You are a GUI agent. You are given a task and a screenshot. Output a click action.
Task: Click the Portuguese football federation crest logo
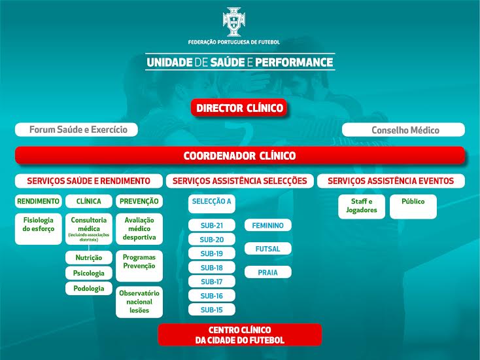pyautogui.click(x=234, y=22)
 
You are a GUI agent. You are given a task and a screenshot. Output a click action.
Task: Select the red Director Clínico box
pyautogui.click(x=239, y=108)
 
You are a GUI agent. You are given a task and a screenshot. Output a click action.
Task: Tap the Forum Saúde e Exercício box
pyautogui.click(x=77, y=130)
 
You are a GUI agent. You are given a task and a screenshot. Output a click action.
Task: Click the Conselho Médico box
pyautogui.click(x=403, y=130)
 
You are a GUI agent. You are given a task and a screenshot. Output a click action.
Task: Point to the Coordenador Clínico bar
pyautogui.click(x=240, y=155)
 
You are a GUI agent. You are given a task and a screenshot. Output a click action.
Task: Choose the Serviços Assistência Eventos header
pyautogui.click(x=391, y=181)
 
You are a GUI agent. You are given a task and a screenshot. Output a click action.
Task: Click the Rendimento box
pyautogui.click(x=39, y=202)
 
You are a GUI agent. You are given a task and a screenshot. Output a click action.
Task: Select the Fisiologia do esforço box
pyautogui.click(x=39, y=229)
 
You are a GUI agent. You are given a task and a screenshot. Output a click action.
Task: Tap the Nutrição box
pyautogui.click(x=89, y=257)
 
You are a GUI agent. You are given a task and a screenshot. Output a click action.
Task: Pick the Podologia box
pyautogui.click(x=89, y=288)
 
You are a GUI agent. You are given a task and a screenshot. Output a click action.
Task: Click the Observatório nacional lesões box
pyautogui.click(x=139, y=302)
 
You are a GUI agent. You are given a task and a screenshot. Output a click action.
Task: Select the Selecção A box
pyautogui.click(x=212, y=204)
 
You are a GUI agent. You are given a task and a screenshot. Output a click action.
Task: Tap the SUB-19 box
pyautogui.click(x=212, y=253)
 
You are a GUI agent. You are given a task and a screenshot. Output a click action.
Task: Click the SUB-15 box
pyautogui.click(x=212, y=310)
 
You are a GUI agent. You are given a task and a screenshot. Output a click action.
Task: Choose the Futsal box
pyautogui.click(x=268, y=249)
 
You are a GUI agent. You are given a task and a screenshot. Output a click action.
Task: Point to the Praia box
pyautogui.click(x=268, y=272)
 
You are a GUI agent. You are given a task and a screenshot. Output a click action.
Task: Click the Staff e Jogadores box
pyautogui.click(x=362, y=206)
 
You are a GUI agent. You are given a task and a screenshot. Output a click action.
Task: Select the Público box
pyautogui.click(x=413, y=206)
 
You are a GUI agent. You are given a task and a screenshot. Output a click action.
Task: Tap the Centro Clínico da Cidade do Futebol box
pyautogui.click(x=240, y=334)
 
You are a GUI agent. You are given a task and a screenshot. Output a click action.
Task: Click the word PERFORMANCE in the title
pyautogui.click(x=294, y=62)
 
